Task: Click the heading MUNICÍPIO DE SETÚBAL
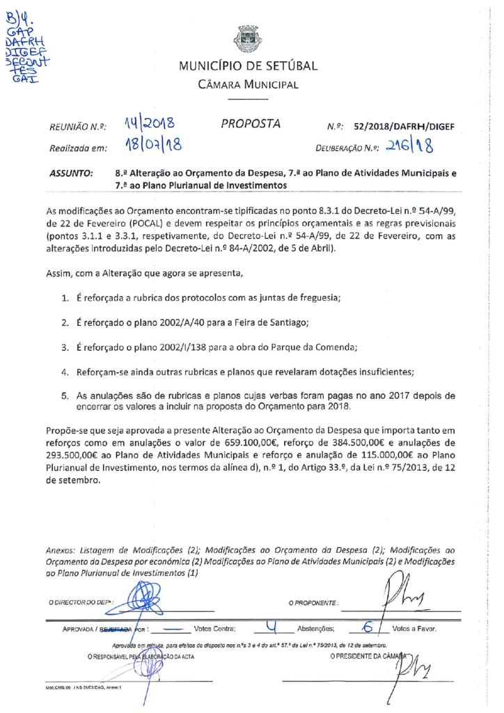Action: coord(248,67)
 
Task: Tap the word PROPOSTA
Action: coord(251,124)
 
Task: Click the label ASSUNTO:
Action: coord(72,175)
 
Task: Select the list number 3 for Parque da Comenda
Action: coord(63,347)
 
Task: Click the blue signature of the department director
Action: coord(148,599)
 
